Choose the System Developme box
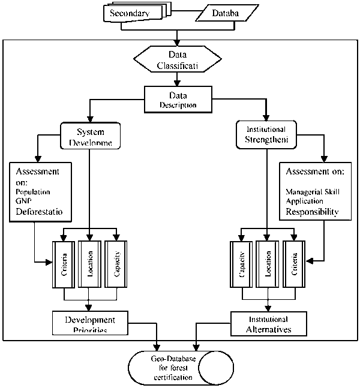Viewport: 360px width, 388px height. point(90,137)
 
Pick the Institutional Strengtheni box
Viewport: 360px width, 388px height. point(266,136)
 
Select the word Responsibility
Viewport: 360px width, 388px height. point(311,212)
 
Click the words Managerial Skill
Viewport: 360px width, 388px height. point(312,191)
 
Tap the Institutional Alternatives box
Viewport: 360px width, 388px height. point(268,324)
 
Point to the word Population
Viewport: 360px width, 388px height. point(33,193)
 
